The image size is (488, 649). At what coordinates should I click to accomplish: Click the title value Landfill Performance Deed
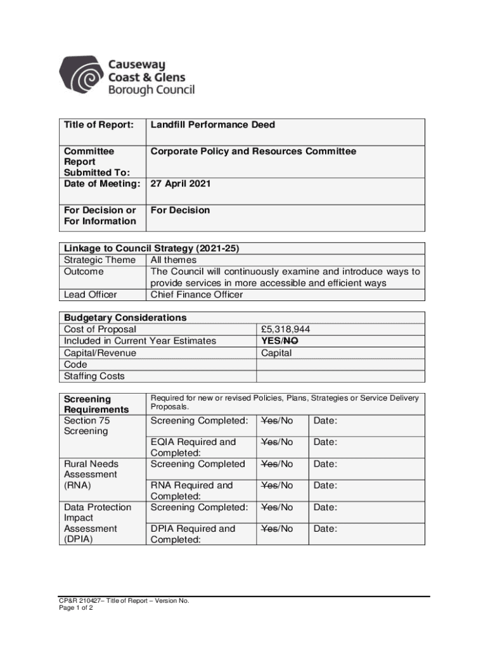coord(212,125)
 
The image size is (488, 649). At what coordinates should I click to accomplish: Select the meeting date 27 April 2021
coord(181,184)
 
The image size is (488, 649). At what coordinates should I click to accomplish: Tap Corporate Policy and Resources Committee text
coord(253,151)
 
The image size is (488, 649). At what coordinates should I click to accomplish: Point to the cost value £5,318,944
coord(285,330)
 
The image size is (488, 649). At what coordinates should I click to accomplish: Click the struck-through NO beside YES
coord(292,341)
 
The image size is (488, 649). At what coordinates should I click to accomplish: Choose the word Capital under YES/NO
coord(276,353)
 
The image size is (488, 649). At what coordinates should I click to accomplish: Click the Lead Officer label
coord(91,295)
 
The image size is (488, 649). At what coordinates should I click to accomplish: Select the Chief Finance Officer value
coord(196,295)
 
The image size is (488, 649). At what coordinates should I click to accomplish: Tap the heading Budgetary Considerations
coord(125,318)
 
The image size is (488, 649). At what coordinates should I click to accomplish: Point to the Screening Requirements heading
coord(96,404)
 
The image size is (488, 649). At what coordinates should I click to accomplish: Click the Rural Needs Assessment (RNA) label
coord(91,475)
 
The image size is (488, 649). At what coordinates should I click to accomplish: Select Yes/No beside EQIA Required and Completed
coord(277,442)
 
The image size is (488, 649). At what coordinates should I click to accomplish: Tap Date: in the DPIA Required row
coord(325,529)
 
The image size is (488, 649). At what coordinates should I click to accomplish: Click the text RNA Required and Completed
coord(192,491)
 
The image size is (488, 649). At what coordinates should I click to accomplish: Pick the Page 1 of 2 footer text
coord(76,608)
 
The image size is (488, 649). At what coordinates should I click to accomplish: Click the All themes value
coord(174,260)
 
